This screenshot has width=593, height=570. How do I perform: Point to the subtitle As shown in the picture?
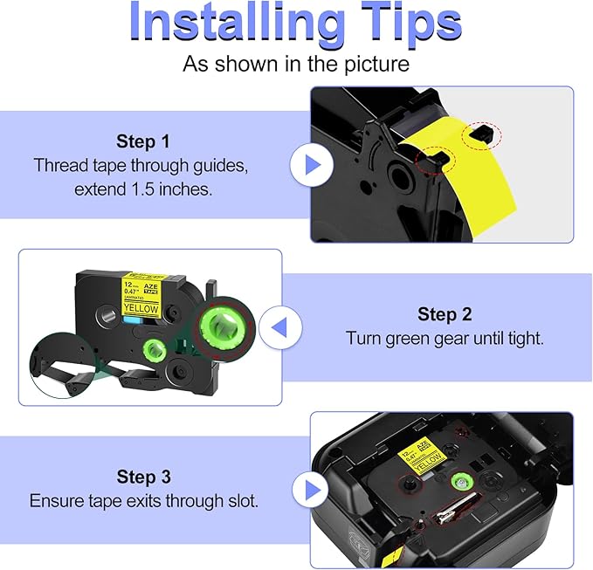295,64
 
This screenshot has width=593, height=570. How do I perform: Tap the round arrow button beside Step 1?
311,164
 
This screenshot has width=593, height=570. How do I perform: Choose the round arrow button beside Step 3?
311,491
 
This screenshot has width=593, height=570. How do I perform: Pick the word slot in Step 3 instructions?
244,501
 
